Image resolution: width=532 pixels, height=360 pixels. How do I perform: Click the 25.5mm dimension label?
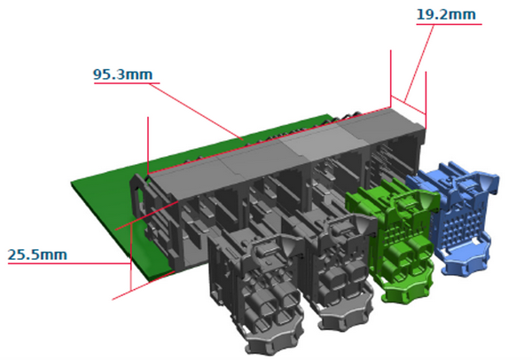pyautogui.click(x=37, y=255)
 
